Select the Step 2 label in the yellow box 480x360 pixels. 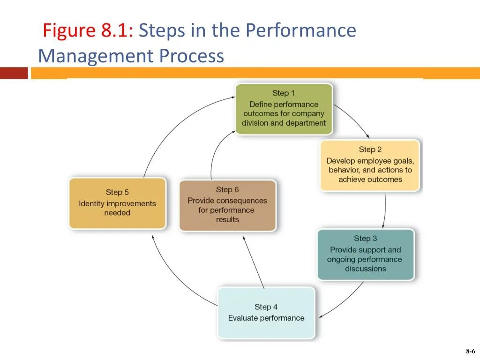tap(370, 150)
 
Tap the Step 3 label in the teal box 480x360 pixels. tap(365, 239)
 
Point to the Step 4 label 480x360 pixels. tap(266, 307)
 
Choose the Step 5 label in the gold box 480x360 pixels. tap(117, 192)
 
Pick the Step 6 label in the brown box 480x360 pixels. tap(227, 189)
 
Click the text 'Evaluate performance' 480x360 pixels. tap(266, 318)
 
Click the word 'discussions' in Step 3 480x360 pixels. tap(366, 269)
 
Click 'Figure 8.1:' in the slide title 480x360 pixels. tap(88, 31)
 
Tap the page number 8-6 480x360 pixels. tap(470, 351)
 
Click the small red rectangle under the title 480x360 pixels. tap(14, 73)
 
